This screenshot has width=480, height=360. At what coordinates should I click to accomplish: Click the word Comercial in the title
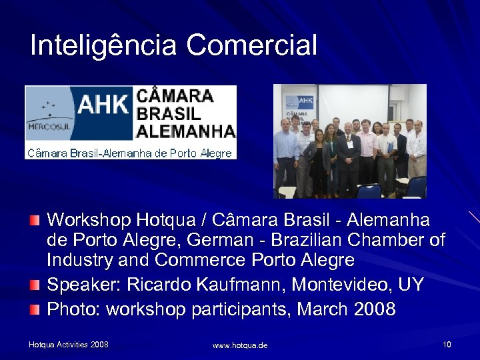pyautogui.click(x=251, y=45)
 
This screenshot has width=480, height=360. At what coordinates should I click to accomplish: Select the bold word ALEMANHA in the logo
pyautogui.click(x=185, y=131)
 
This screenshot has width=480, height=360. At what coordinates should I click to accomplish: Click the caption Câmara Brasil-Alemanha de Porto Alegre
pyautogui.click(x=129, y=153)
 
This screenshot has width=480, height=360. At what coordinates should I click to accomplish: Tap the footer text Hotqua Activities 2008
pyautogui.click(x=69, y=345)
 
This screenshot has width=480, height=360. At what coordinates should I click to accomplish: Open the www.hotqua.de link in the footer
pyautogui.click(x=240, y=345)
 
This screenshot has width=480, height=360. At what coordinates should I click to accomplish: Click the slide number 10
pyautogui.click(x=446, y=345)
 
